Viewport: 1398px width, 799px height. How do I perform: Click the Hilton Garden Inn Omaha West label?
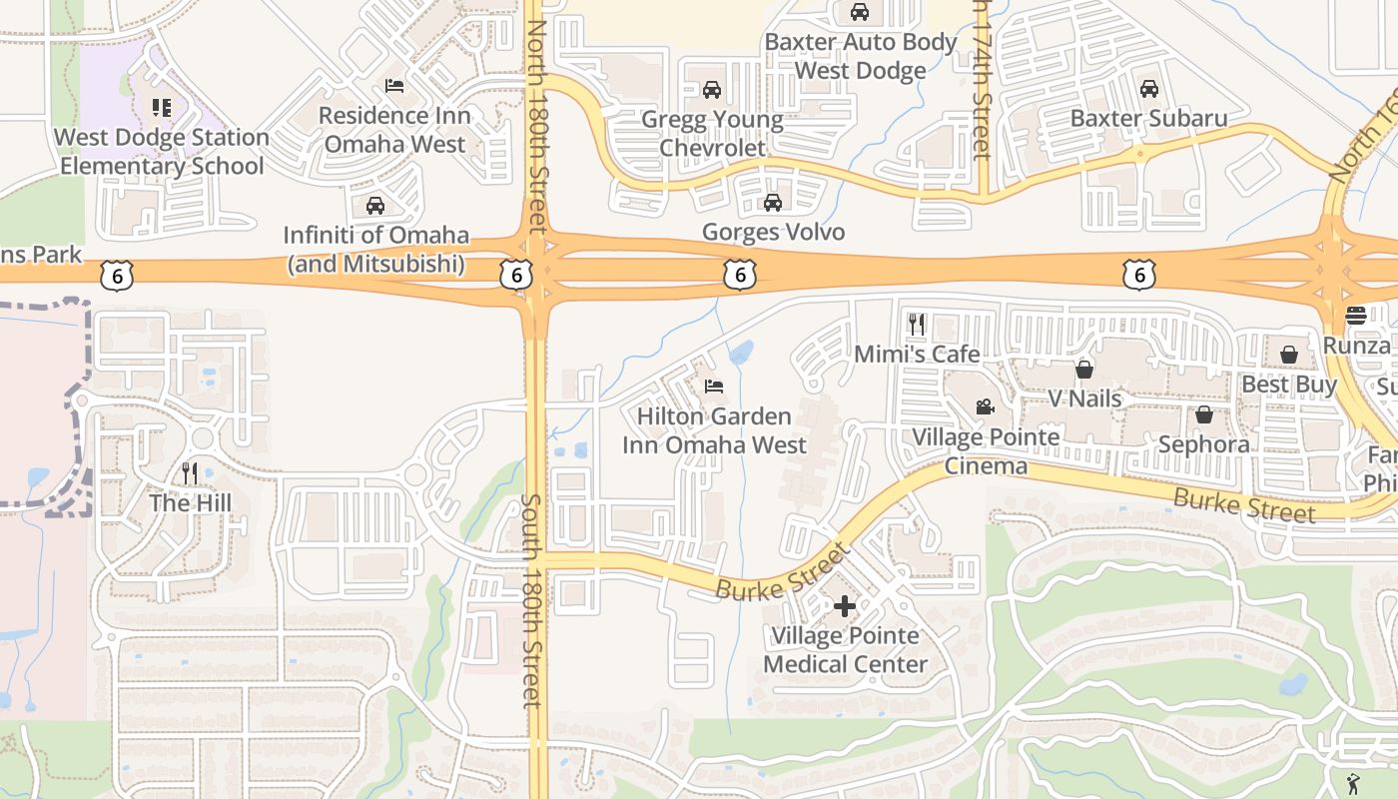(x=714, y=430)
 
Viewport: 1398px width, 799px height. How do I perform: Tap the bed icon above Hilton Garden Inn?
(x=714, y=387)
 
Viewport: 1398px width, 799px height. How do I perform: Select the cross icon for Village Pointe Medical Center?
(x=845, y=605)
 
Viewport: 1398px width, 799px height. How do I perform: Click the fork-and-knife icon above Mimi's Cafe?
(x=917, y=324)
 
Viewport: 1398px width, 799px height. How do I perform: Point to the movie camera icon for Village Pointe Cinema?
(x=985, y=407)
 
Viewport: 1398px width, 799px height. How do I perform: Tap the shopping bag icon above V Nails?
(x=1084, y=370)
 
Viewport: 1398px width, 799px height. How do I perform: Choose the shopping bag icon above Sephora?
(x=1204, y=414)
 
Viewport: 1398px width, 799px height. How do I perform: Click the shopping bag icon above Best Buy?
(x=1289, y=355)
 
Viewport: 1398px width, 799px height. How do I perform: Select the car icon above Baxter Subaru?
(x=1148, y=89)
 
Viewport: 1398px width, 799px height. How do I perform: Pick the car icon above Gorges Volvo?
(x=772, y=204)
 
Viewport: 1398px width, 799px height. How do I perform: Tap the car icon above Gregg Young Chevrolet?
(x=712, y=90)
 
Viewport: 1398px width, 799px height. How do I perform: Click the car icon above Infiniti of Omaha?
(x=375, y=207)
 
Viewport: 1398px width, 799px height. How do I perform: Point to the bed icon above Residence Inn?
(x=394, y=86)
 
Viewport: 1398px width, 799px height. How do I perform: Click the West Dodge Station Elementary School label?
(x=162, y=152)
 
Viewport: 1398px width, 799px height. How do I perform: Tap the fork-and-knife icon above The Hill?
(x=189, y=472)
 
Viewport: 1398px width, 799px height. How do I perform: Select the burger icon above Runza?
(x=1355, y=316)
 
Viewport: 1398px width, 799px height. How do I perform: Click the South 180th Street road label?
(x=532, y=599)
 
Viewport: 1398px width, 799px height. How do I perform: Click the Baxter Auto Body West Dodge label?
(x=861, y=57)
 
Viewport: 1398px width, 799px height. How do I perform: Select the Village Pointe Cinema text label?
(x=986, y=451)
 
